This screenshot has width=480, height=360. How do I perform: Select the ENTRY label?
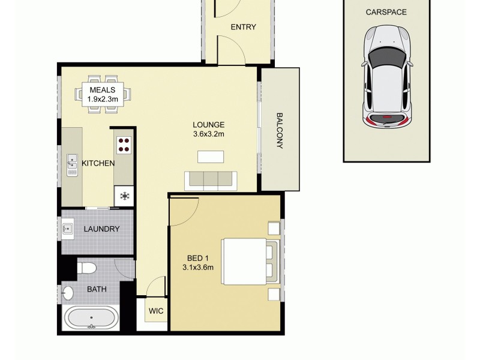[243, 27]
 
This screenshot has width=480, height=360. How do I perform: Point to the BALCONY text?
[280, 130]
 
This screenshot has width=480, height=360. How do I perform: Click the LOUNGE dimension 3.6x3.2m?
[208, 134]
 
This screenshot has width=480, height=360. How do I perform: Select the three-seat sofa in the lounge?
[211, 181]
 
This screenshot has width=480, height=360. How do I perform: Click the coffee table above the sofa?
[211, 157]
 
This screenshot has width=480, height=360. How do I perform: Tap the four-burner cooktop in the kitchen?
[124, 144]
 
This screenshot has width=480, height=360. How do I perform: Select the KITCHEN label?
[98, 163]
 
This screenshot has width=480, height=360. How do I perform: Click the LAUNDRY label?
[101, 229]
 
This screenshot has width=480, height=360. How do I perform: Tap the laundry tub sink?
[67, 229]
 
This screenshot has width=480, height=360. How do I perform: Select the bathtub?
[91, 319]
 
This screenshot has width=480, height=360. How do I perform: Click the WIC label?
[156, 311]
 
